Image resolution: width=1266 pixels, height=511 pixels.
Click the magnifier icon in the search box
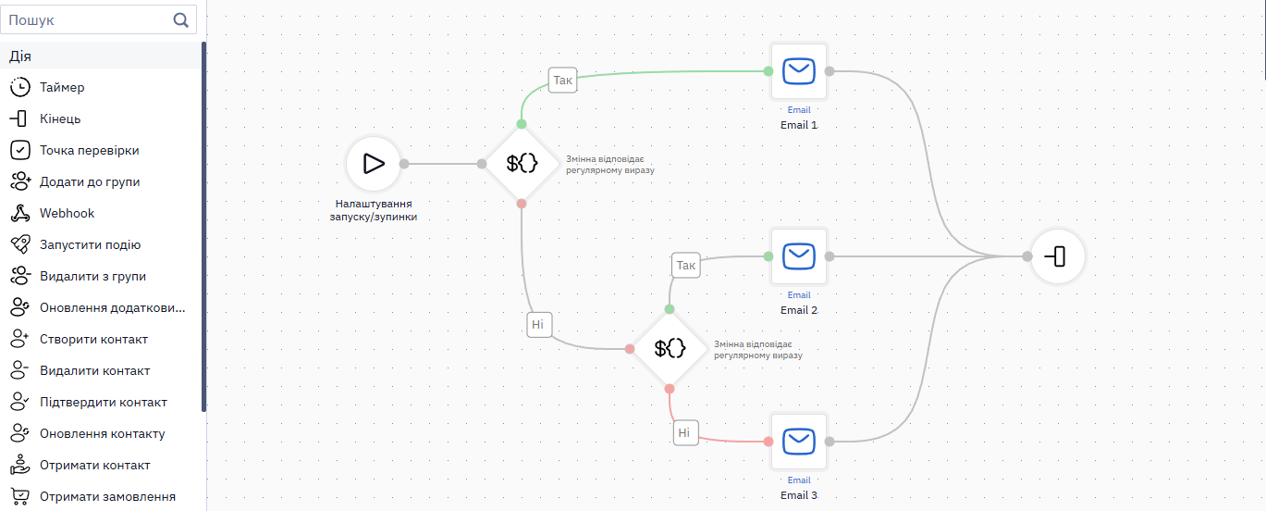[180, 20]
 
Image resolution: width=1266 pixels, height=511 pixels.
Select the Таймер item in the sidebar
[62, 87]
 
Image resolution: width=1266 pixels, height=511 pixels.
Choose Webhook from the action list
[67, 213]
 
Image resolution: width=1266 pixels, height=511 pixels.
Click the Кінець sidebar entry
[60, 118]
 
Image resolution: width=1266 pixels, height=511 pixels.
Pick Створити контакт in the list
[93, 339]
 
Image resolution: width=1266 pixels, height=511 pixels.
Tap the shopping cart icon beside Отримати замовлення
[19, 496]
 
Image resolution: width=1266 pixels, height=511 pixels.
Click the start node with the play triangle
[374, 164]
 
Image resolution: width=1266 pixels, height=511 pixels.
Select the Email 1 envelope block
[799, 71]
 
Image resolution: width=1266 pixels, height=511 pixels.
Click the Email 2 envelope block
[799, 256]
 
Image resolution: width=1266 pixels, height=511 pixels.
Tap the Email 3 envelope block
[799, 442]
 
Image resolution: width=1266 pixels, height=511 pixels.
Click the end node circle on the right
[1057, 256]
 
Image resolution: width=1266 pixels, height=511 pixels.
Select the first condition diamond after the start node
[521, 164]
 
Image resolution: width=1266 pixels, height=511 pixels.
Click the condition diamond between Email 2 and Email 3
[670, 349]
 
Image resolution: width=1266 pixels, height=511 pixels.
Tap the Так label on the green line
[562, 80]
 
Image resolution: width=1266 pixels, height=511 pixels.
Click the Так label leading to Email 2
[685, 265]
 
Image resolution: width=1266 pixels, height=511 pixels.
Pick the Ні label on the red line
[685, 433]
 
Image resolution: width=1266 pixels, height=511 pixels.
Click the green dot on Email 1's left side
[768, 71]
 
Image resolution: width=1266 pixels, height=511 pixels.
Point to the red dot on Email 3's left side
[768, 442]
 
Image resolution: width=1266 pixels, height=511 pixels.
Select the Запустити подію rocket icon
[19, 244]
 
